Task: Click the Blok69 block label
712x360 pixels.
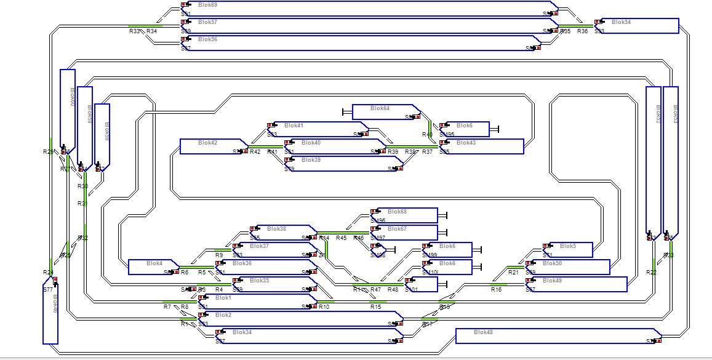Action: (x=208, y=5)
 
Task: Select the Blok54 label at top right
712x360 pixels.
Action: (x=622, y=22)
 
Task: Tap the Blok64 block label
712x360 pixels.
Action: (x=380, y=108)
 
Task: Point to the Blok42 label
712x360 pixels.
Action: (x=207, y=143)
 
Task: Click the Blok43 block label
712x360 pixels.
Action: (x=466, y=143)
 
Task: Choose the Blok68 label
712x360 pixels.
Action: (x=397, y=212)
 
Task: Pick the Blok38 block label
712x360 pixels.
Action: (x=276, y=229)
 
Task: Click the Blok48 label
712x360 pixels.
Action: (x=483, y=332)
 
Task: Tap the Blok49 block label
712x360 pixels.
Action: (x=552, y=281)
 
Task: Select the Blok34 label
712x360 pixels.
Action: (x=242, y=332)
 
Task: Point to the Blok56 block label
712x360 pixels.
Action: (x=208, y=39)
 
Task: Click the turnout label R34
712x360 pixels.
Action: (x=151, y=31)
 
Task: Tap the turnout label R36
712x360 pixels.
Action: (x=582, y=31)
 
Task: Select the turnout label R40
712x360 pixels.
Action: (x=427, y=135)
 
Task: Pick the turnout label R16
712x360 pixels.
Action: (x=496, y=289)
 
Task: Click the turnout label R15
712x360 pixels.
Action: (x=375, y=306)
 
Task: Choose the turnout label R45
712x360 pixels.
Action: (x=341, y=238)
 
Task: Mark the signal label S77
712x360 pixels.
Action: (x=48, y=289)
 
